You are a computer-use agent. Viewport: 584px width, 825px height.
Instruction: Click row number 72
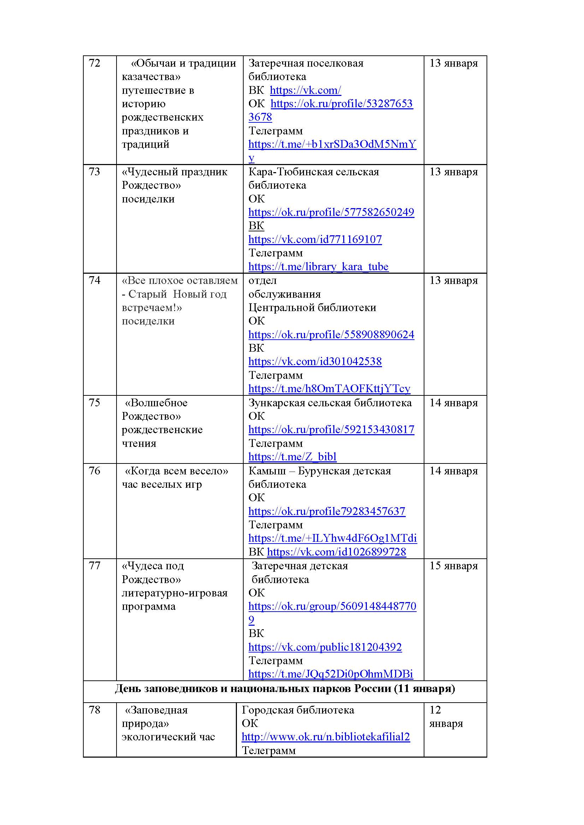click(94, 63)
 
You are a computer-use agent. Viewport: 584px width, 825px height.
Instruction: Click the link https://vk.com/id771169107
click(315, 239)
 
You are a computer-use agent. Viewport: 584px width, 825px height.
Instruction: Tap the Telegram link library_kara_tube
click(318, 267)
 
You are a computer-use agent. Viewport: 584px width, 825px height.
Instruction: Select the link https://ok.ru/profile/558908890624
click(331, 334)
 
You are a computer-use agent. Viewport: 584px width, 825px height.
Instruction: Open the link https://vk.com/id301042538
click(315, 362)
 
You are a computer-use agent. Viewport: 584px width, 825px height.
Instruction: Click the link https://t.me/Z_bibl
click(292, 457)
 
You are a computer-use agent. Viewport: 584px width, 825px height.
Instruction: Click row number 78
click(94, 710)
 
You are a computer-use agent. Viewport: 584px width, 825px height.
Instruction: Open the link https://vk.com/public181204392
click(325, 647)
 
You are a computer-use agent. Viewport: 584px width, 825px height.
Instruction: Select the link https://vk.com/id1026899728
click(336, 552)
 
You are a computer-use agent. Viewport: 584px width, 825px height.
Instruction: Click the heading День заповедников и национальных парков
click(285, 688)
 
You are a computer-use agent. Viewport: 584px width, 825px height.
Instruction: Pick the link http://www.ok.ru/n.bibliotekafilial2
click(326, 737)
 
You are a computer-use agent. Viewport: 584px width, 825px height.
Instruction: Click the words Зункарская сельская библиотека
click(330, 403)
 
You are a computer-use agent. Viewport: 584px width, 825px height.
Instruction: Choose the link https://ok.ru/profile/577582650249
click(331, 212)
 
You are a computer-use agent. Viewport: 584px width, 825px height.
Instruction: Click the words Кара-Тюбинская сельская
click(313, 172)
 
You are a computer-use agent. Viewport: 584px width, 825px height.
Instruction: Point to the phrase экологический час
click(168, 737)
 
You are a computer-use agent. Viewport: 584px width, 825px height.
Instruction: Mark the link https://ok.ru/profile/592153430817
click(331, 430)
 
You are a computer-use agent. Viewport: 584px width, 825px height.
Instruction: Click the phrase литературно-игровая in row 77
click(174, 593)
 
